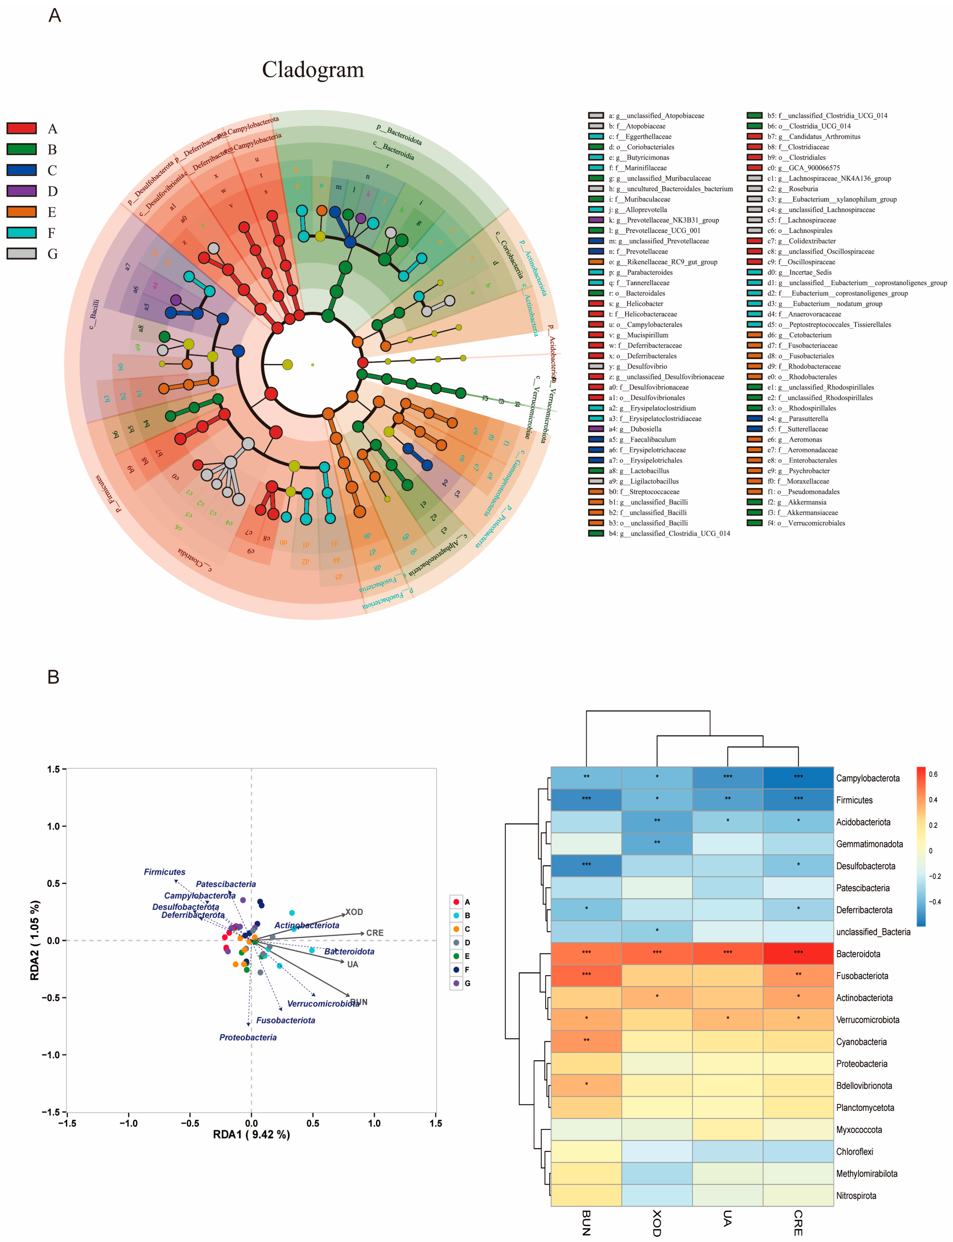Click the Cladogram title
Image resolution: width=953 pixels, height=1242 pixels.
[x=313, y=70]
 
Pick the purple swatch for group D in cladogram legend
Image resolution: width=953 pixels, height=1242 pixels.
[x=21, y=191]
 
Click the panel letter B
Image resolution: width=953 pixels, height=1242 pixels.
[x=53, y=677]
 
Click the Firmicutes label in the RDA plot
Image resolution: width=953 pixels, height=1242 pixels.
[x=164, y=872]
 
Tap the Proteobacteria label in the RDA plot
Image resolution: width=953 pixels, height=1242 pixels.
[x=248, y=1037]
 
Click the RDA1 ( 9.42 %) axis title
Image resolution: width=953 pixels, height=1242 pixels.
[x=251, y=1134]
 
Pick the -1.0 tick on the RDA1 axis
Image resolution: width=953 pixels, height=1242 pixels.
[x=128, y=1123]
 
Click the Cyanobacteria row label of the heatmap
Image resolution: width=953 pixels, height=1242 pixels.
[x=861, y=1042]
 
